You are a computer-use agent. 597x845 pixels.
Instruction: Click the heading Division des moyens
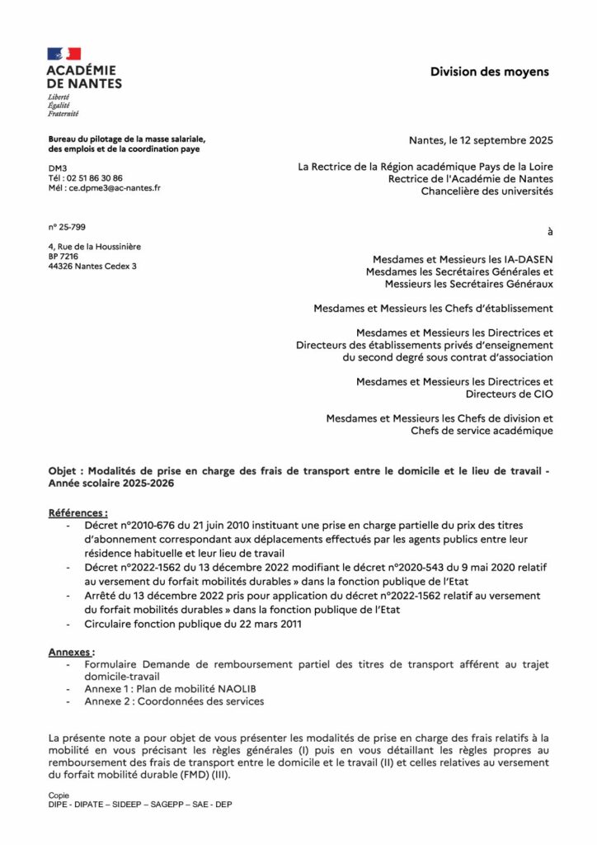489,73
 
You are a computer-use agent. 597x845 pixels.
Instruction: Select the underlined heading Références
78,512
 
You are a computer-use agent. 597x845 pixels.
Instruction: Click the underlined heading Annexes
72,651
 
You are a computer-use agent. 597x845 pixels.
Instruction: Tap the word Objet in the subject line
63,470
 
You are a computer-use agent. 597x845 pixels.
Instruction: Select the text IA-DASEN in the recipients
524,257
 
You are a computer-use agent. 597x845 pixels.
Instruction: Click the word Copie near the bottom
59,795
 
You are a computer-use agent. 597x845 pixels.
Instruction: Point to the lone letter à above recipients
550,229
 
